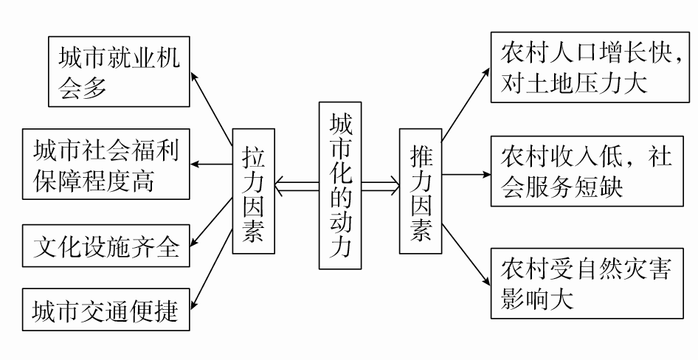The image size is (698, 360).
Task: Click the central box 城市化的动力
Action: point(340,184)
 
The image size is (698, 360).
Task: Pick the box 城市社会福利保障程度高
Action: point(106,164)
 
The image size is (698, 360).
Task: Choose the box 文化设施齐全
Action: point(106,246)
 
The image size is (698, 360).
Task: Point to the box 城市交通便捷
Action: point(106,311)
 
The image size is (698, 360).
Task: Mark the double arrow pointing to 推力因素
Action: point(380,185)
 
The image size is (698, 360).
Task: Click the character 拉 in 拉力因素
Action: point(253,156)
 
